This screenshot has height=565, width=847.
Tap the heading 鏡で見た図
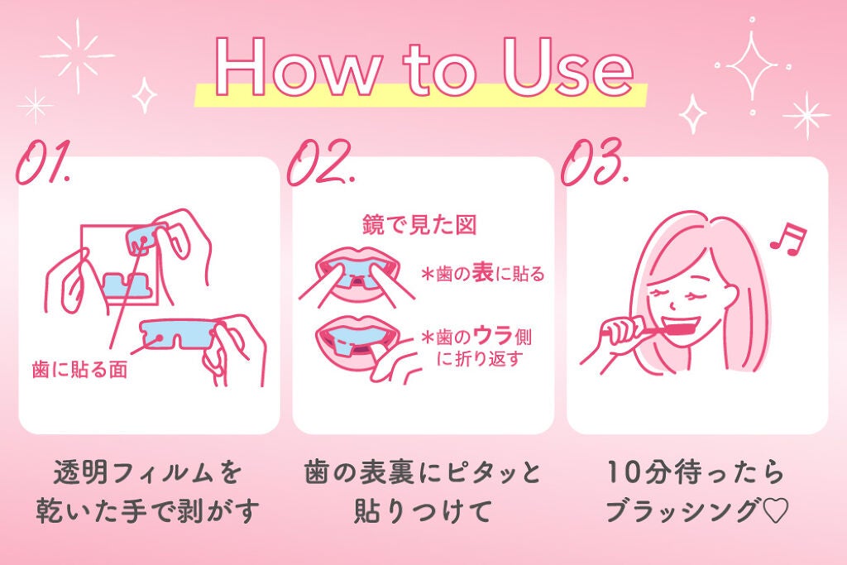point(420,224)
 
